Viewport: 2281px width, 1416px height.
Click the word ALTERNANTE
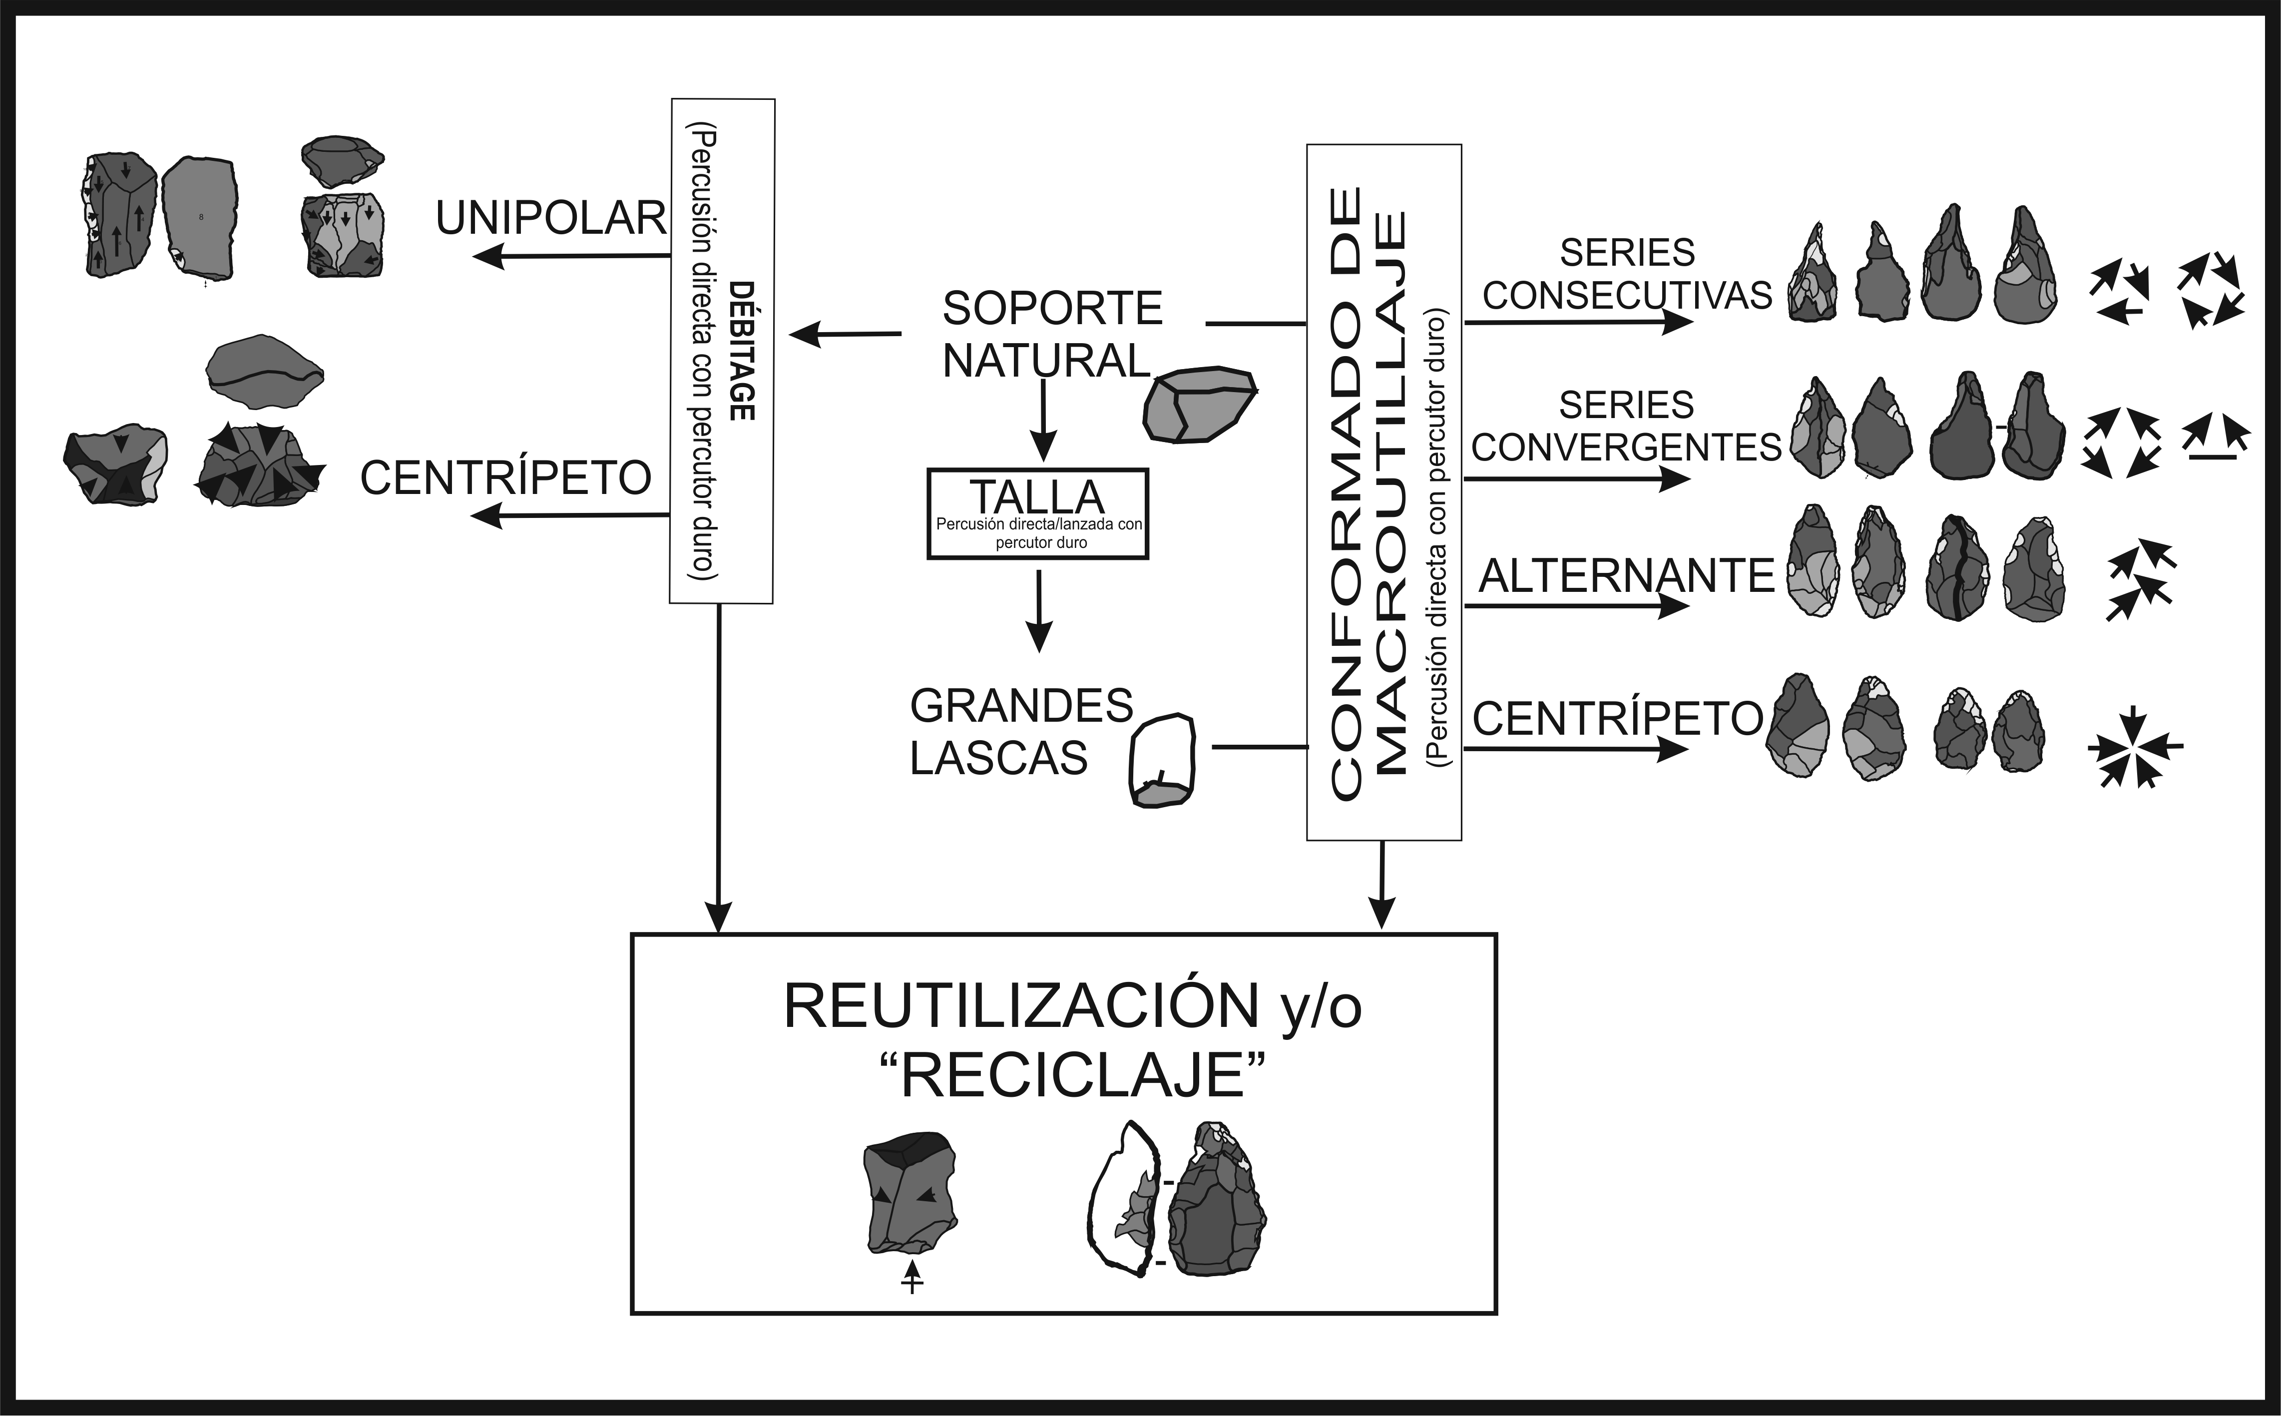coord(1627,576)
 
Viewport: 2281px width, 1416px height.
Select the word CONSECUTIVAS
coord(1627,295)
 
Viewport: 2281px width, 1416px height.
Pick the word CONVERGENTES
coord(1627,448)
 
